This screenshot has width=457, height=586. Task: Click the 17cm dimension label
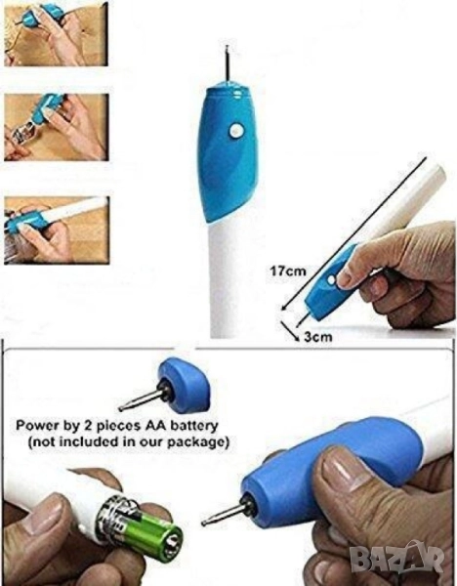(288, 271)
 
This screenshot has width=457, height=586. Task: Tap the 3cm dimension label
(317, 337)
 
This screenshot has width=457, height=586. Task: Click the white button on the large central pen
(236, 131)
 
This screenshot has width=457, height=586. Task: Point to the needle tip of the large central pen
(227, 46)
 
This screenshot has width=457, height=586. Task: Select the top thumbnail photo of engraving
(56, 34)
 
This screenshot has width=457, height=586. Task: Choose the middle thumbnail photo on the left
(57, 127)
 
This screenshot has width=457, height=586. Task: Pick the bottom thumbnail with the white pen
(57, 230)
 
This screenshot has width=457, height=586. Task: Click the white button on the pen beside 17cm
(331, 279)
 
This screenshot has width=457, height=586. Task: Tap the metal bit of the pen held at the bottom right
(226, 514)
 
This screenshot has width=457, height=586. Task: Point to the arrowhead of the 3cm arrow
(298, 338)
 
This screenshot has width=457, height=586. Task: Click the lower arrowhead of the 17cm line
(283, 308)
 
